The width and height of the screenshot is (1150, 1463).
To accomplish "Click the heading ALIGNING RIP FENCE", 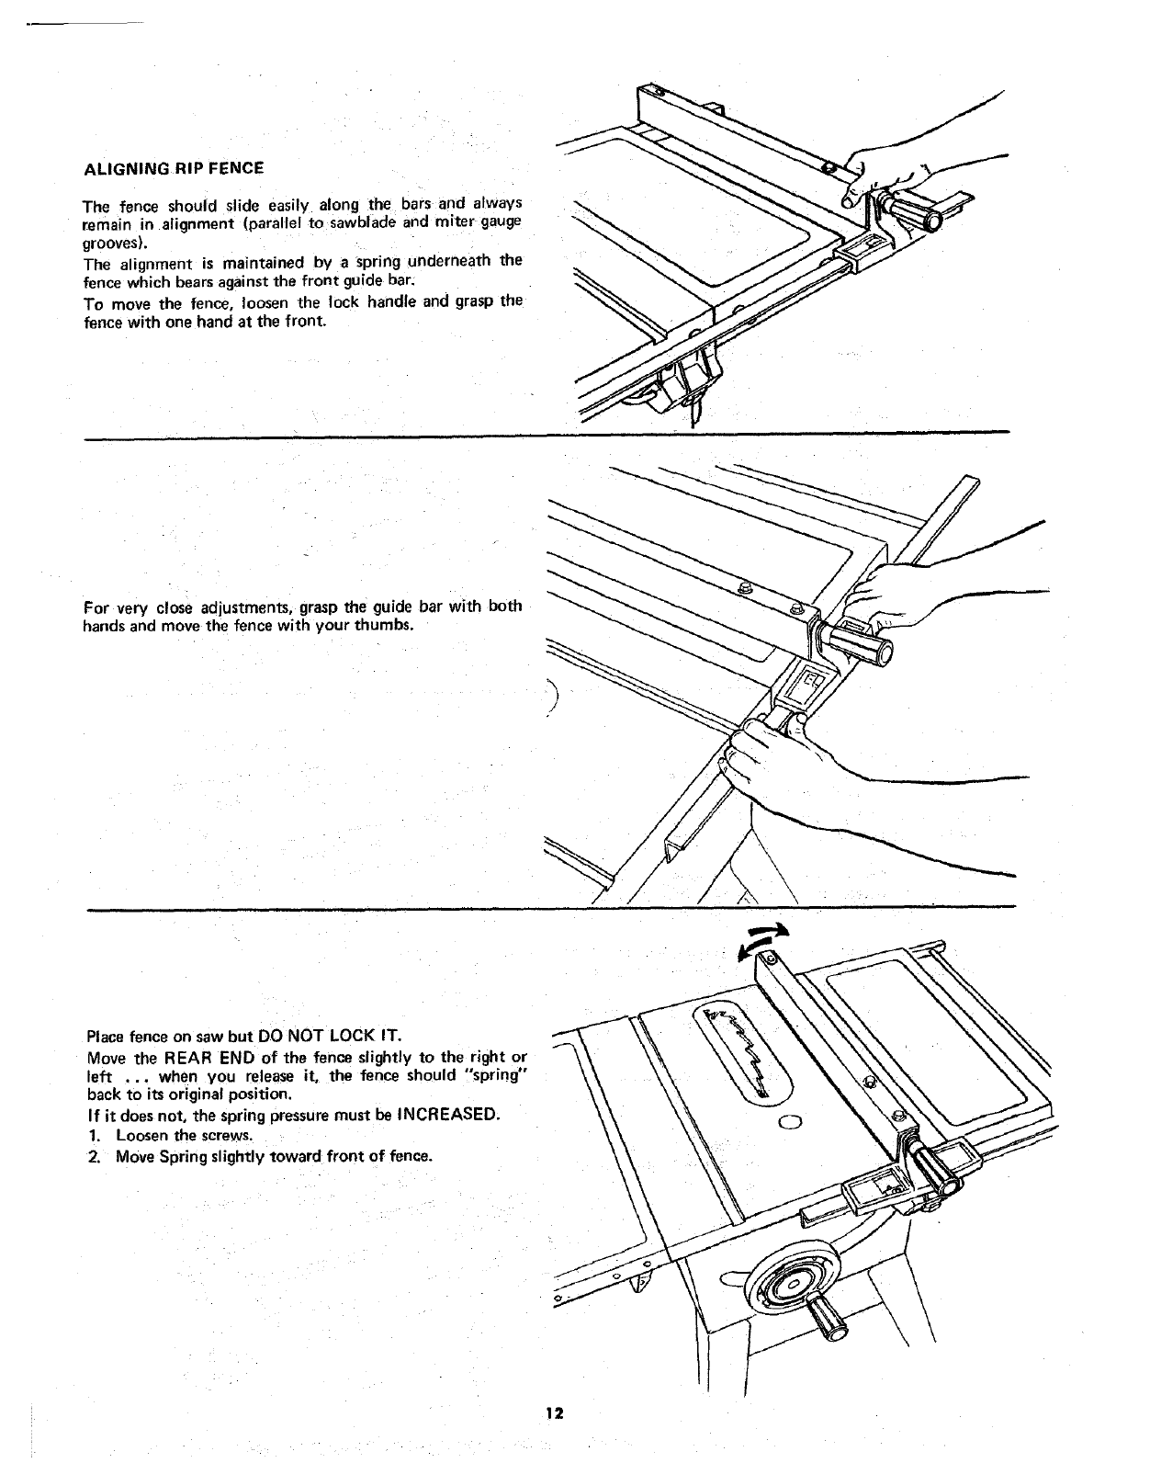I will tap(174, 168).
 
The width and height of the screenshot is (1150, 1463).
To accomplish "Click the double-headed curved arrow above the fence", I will tap(763, 941).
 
